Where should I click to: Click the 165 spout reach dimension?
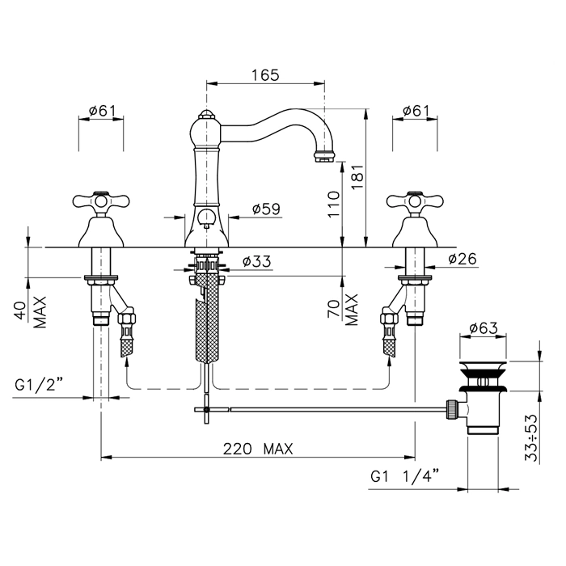click(265, 74)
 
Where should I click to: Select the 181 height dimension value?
click(357, 177)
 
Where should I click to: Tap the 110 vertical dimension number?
click(334, 205)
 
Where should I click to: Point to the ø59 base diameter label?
click(266, 209)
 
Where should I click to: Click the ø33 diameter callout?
click(256, 261)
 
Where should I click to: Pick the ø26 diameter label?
click(463, 259)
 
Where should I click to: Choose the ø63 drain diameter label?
click(484, 328)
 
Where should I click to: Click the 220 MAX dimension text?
click(258, 449)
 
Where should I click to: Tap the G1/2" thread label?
click(39, 385)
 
